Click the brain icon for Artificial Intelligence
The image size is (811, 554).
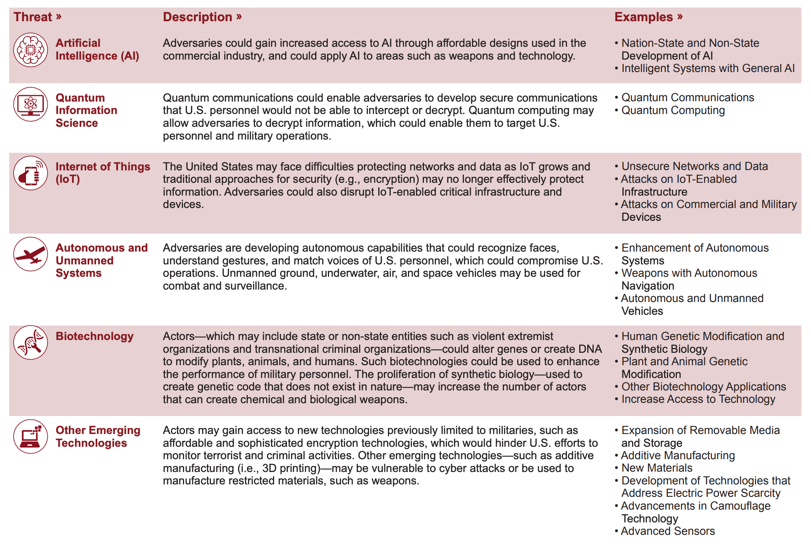coord(30,50)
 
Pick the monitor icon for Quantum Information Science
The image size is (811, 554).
coord(30,104)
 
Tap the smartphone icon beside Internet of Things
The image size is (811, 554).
coord(30,173)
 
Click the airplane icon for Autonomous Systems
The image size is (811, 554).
coord(30,254)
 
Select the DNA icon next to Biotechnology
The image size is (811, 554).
coord(30,342)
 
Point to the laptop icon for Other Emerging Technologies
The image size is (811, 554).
coord(30,436)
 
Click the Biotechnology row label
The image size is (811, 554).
coord(94,336)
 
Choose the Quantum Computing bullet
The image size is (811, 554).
coord(673,110)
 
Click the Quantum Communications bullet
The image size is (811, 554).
coord(687,98)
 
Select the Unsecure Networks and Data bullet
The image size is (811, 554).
coord(695,166)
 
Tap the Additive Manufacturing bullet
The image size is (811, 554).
coord(678,456)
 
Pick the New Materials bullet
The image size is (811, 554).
coord(656,468)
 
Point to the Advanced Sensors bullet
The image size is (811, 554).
coord(668,531)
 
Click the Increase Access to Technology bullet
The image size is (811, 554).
coord(698,399)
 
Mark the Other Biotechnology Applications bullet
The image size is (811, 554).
coord(703,387)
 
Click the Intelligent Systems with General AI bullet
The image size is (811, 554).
coord(708,68)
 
